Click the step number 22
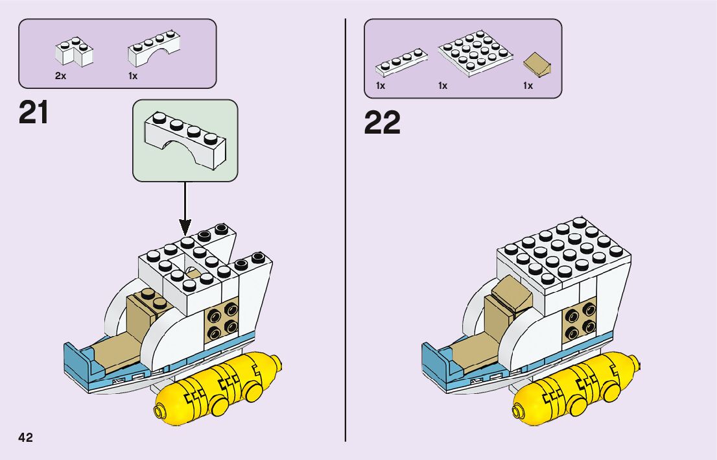[x=382, y=123]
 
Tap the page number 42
[x=25, y=437]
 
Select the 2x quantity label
[x=60, y=75]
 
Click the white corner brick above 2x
[x=74, y=51]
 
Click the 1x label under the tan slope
[x=528, y=86]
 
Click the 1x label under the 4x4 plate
[x=443, y=86]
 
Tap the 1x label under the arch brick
[x=133, y=75]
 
